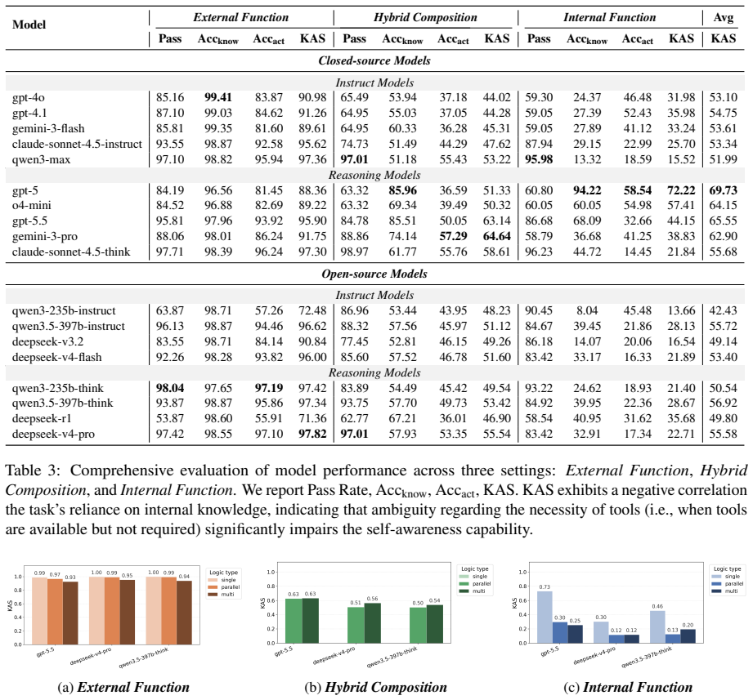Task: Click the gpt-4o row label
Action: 29,98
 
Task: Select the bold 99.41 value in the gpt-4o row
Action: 218,97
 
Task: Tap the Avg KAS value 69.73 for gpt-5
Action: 723,190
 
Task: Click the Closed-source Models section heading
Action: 374,61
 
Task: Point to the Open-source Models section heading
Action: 374,274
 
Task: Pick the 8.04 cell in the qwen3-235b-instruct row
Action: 587,311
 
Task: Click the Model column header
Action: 29,25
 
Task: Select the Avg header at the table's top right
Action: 724,18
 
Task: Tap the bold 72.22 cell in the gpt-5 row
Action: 681,190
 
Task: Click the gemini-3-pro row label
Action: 45,237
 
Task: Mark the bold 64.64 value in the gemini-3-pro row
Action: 496,237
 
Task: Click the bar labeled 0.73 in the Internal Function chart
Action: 545,617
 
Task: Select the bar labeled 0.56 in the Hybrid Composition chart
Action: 372,622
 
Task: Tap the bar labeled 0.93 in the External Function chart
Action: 70,613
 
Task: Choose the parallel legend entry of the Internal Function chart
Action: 727,584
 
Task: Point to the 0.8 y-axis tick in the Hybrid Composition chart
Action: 271,586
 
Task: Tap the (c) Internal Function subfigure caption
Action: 628,688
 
